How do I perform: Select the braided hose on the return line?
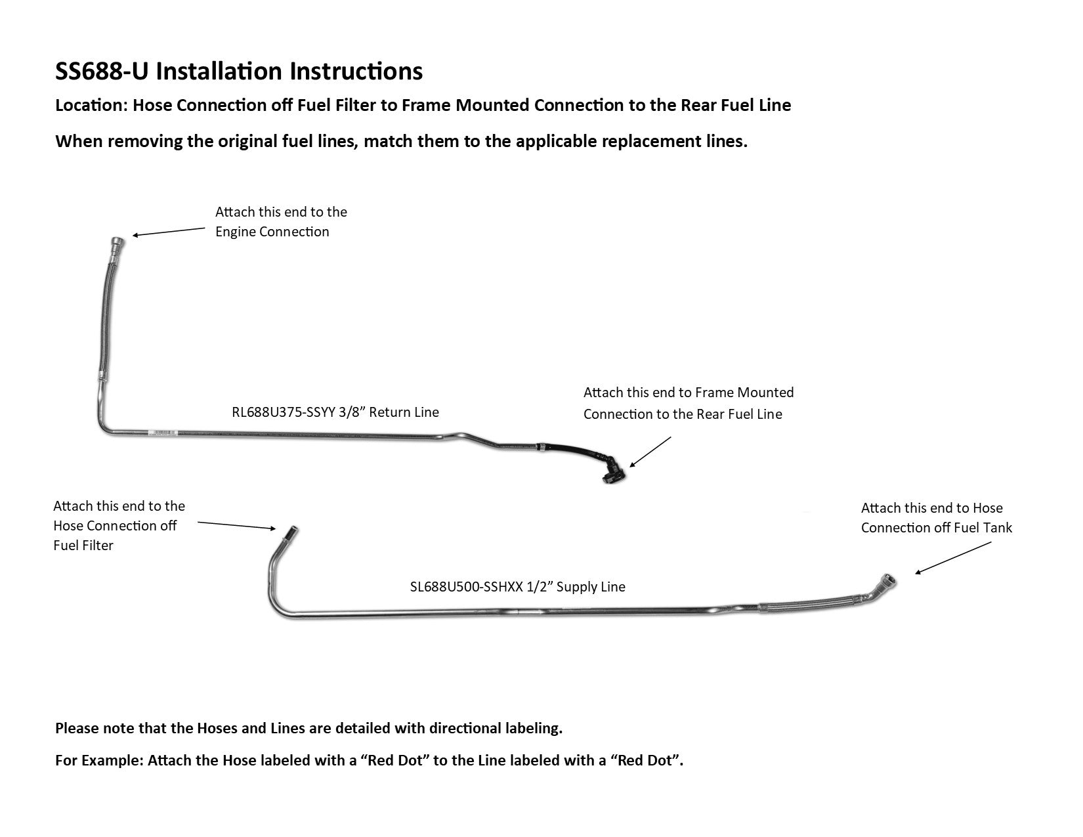pyautogui.click(x=104, y=315)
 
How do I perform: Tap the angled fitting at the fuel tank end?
pyautogui.click(x=883, y=583)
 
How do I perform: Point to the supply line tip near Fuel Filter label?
pyautogui.click(x=289, y=533)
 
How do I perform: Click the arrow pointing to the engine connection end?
pyautogui.click(x=168, y=231)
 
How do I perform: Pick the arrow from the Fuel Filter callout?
pyautogui.click(x=236, y=525)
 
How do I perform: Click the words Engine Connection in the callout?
pyautogui.click(x=272, y=232)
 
